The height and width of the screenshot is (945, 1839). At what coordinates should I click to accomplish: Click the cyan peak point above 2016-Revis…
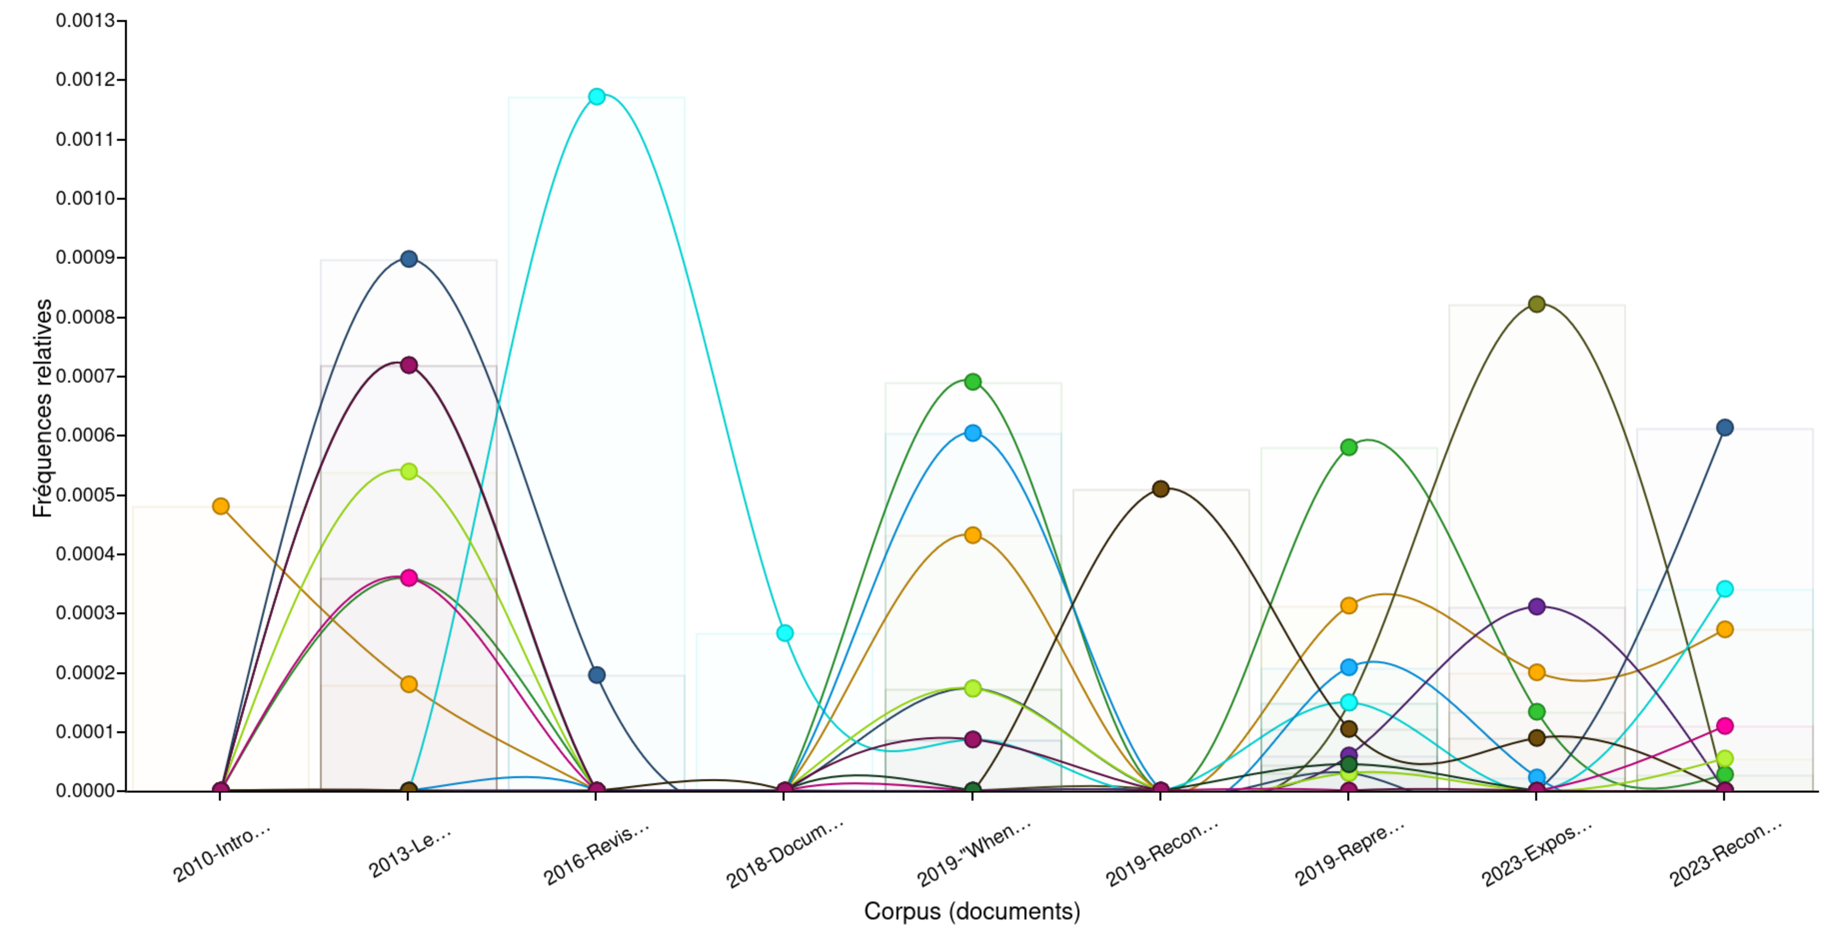tap(597, 96)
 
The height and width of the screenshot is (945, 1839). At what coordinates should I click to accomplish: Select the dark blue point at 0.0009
tap(408, 258)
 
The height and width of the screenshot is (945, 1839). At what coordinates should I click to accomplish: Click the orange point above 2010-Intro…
tap(220, 506)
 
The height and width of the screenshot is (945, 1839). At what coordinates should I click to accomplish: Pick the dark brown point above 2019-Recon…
tap(1161, 489)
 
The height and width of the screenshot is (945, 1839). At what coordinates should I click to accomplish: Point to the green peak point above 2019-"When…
tap(972, 382)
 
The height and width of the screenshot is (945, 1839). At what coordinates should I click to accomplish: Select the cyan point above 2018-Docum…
tap(785, 633)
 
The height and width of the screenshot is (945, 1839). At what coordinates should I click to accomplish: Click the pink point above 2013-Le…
tap(408, 577)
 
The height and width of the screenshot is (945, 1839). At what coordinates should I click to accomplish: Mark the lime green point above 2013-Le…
tap(408, 471)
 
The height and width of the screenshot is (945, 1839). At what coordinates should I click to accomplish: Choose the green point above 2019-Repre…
tap(1348, 448)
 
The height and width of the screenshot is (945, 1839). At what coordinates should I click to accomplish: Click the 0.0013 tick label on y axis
tap(85, 21)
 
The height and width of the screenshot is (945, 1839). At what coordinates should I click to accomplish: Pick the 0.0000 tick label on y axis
tap(85, 791)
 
